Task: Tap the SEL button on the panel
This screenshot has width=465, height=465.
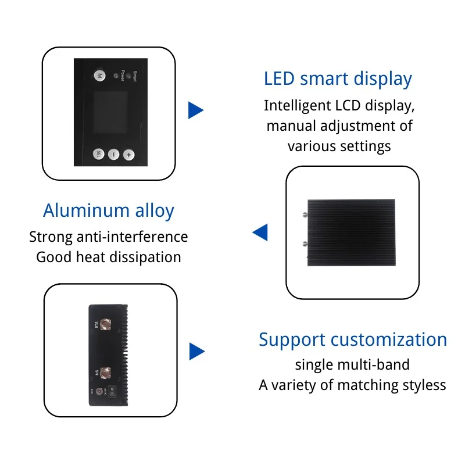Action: pyautogui.click(x=99, y=155)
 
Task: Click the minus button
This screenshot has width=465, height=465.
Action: pyautogui.click(x=113, y=155)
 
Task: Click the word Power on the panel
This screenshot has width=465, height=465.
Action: pyautogui.click(x=123, y=76)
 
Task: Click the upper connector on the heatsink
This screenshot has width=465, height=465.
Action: pyautogui.click(x=305, y=213)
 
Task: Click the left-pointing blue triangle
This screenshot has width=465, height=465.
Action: pyautogui.click(x=260, y=233)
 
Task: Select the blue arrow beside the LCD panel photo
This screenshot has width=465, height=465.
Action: pyautogui.click(x=196, y=110)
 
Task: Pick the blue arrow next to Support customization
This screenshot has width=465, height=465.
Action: pyautogui.click(x=197, y=351)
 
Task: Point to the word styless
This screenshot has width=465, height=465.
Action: pyautogui.click(x=424, y=385)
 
